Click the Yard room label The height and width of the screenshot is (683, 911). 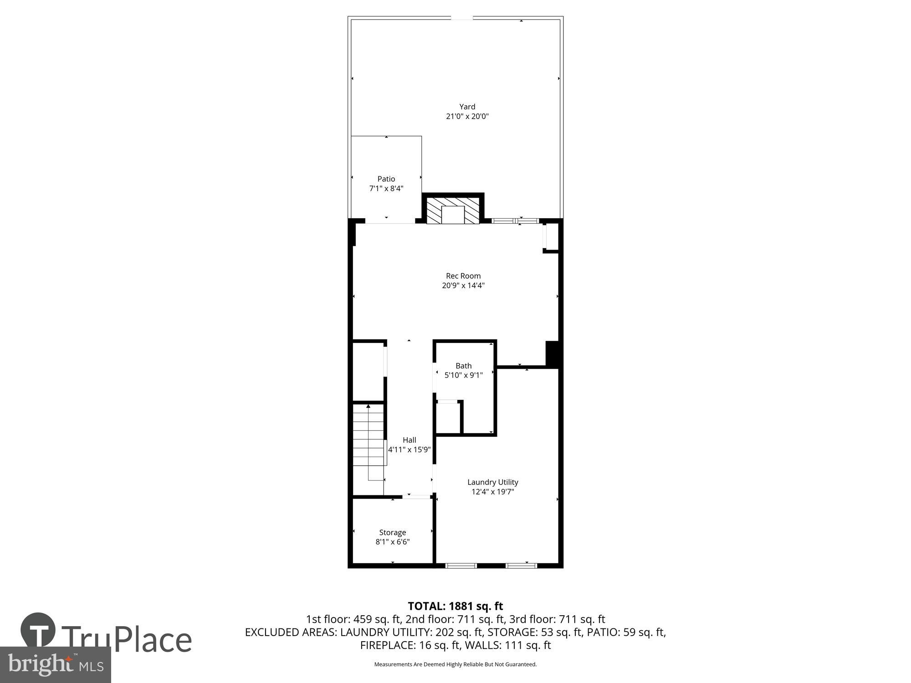[x=467, y=107]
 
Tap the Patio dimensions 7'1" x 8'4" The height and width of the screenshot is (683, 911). [x=386, y=189]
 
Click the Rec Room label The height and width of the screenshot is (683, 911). [x=463, y=275]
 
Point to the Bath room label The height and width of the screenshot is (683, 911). [x=463, y=366]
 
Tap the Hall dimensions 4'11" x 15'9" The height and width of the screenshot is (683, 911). [x=409, y=450]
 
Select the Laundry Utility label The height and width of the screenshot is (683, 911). [x=492, y=482]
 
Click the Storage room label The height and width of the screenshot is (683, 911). [x=392, y=532]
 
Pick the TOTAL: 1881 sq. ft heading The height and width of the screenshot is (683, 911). [x=455, y=606]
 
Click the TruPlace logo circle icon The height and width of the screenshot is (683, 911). [x=38, y=631]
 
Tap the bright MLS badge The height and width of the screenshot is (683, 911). [x=55, y=665]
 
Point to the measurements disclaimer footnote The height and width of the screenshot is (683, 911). [x=455, y=664]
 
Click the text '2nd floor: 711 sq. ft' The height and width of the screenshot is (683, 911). [x=455, y=619]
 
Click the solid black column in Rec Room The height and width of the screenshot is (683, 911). [x=552, y=353]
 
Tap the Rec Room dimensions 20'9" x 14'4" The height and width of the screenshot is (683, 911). [x=463, y=285]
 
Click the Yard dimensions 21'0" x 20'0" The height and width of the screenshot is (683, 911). [x=467, y=117]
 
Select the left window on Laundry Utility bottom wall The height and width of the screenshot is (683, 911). [x=461, y=566]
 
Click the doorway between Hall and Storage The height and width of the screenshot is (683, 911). [x=416, y=497]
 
